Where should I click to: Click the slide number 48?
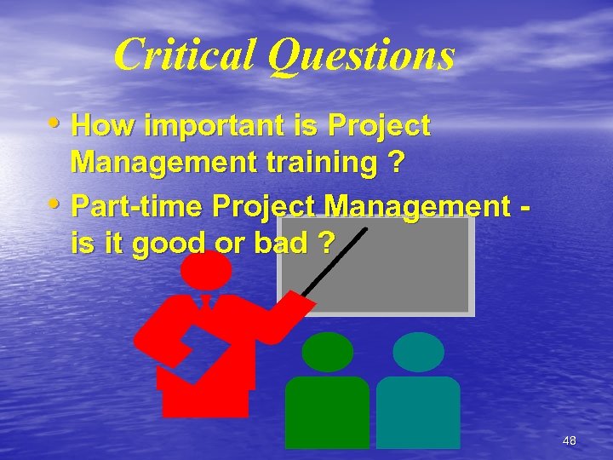[570, 440]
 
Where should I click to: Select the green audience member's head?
[328, 351]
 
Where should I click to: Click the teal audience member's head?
[419, 351]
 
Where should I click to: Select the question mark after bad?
[323, 244]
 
